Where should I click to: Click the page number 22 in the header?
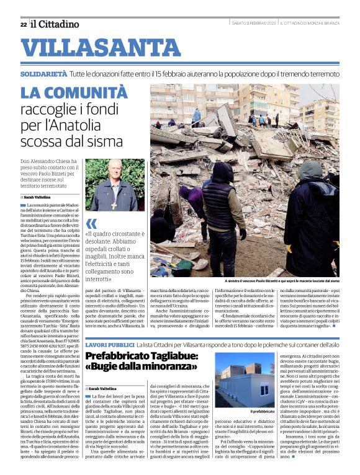click(x=23, y=24)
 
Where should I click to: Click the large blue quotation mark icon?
click(x=91, y=223)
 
